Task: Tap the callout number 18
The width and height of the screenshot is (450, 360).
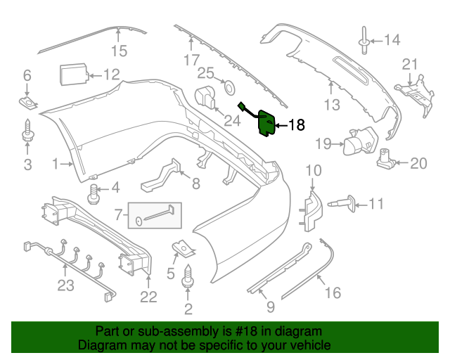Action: point(297,126)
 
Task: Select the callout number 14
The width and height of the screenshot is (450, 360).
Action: point(390,40)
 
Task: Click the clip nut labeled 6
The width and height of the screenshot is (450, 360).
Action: point(27,104)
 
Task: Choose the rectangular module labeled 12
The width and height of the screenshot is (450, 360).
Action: point(72,75)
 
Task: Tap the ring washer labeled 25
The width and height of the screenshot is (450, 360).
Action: point(229,88)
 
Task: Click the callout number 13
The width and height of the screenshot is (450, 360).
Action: point(331,105)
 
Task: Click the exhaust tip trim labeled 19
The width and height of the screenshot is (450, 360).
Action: point(355,143)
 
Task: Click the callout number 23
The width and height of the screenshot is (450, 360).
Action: point(65,286)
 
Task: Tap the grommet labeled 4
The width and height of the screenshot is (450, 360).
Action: point(93,191)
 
